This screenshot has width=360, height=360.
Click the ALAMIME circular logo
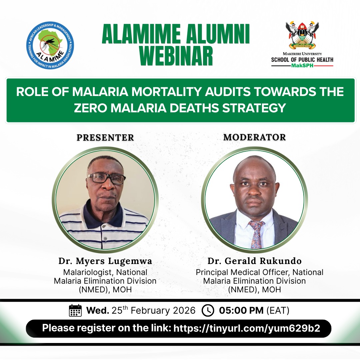click(50, 45)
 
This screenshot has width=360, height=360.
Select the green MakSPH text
click(302, 66)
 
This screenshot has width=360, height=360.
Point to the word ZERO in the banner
click(92, 108)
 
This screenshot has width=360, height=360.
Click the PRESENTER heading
click(105, 137)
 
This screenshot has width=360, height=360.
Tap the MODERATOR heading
click(254, 137)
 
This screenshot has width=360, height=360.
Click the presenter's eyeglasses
click(106, 178)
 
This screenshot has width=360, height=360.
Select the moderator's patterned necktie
click(256, 234)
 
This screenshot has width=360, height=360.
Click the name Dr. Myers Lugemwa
click(105, 261)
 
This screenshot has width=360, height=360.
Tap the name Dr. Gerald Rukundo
click(254, 261)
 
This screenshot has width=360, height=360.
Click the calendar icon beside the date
click(75, 310)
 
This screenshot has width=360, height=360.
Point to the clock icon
click(208, 310)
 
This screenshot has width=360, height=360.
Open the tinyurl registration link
click(247, 328)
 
